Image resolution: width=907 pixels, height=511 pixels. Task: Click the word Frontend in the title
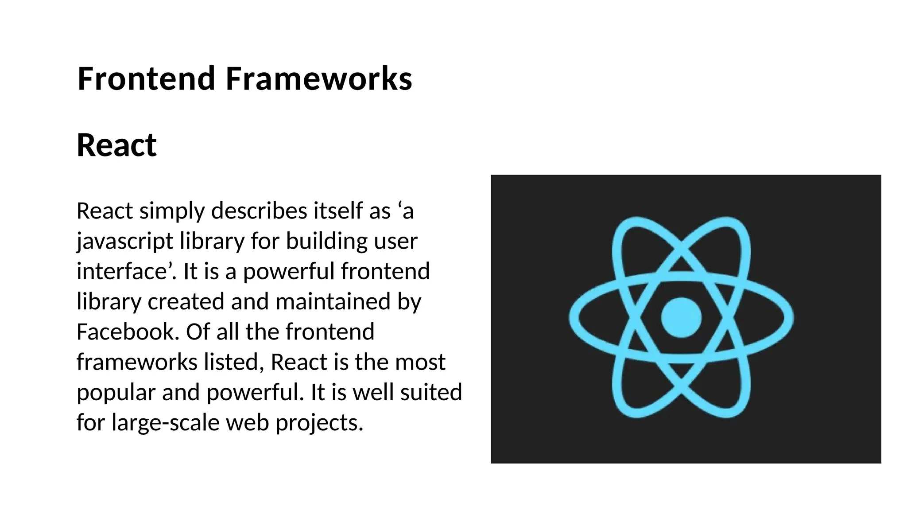147,78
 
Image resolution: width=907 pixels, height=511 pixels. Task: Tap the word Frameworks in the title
319,78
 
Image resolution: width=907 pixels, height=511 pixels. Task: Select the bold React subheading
116,145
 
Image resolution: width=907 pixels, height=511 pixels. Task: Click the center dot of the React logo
681,317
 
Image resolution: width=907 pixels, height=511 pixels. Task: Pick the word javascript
124,242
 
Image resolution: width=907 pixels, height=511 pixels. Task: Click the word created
186,301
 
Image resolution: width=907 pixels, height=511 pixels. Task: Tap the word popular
116,393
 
